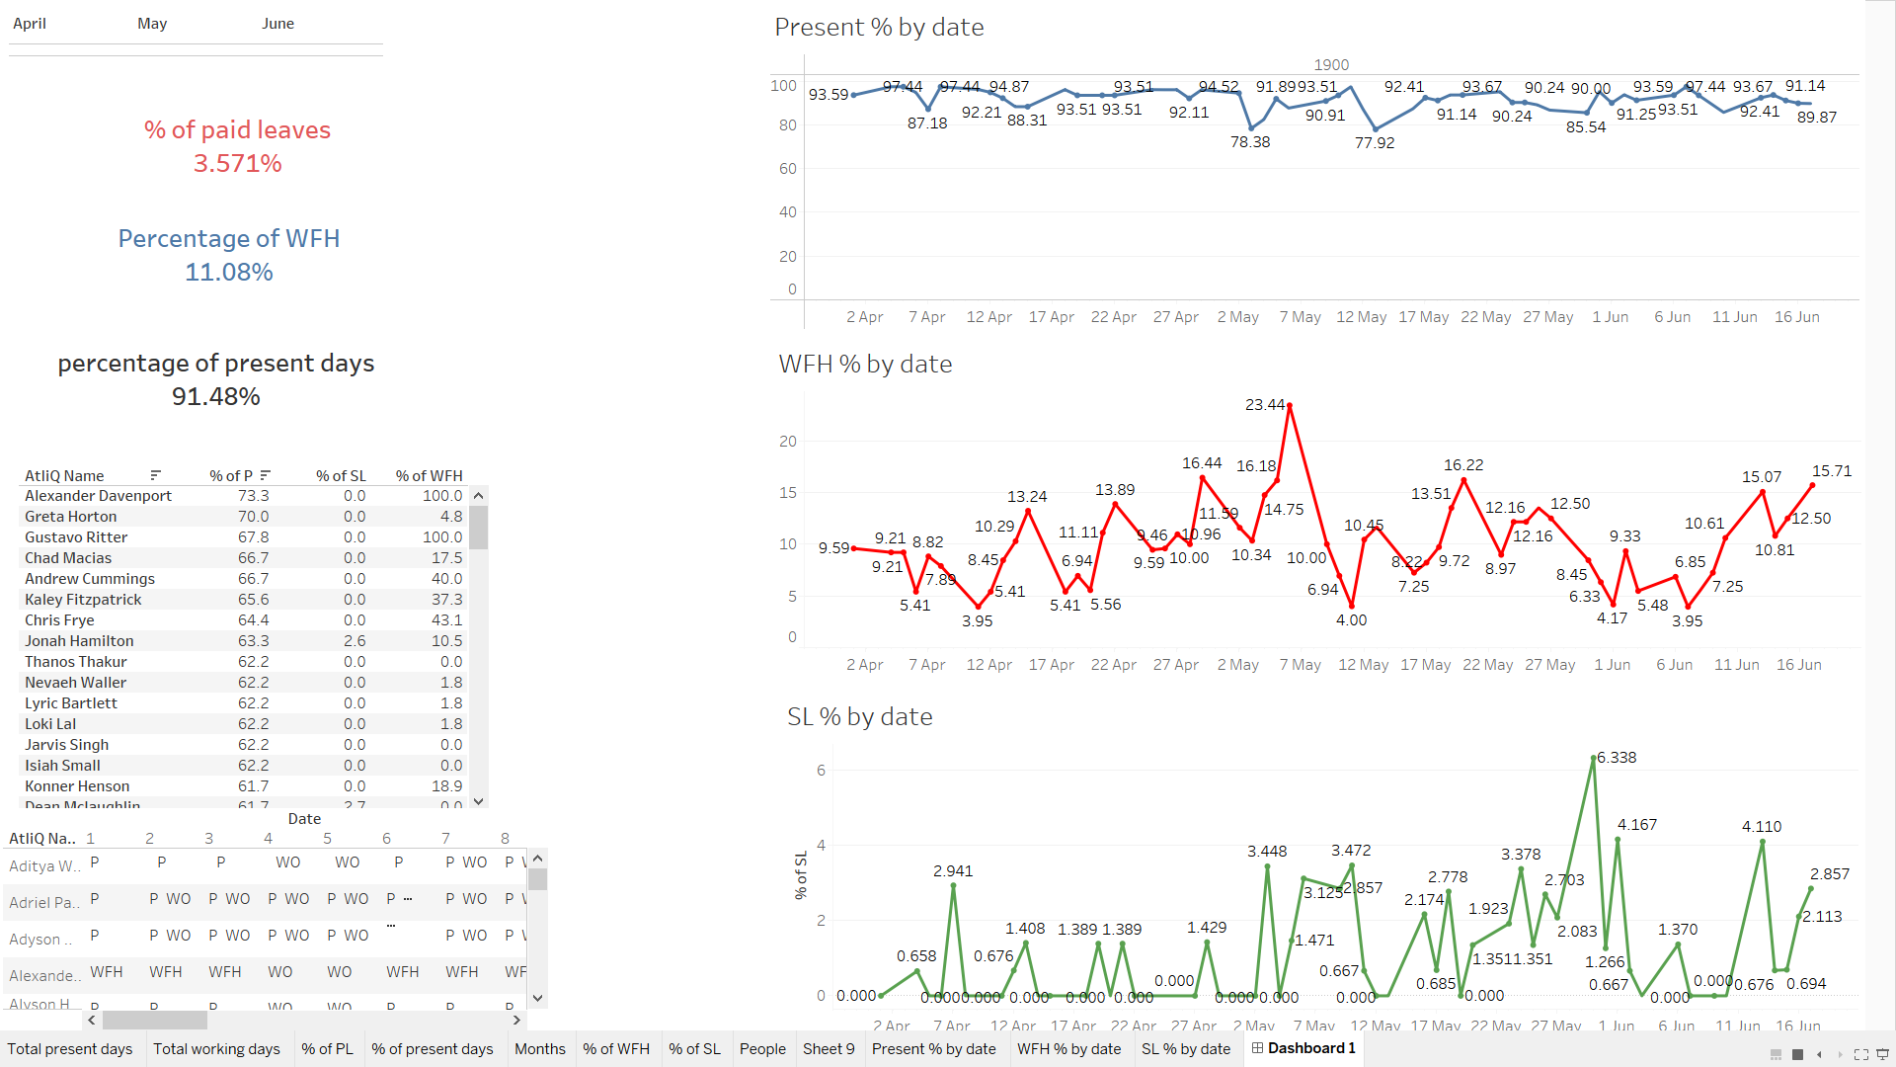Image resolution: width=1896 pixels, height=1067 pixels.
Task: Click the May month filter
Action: pyautogui.click(x=152, y=24)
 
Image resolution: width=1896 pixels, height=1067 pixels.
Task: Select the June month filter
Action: pyautogui.click(x=277, y=24)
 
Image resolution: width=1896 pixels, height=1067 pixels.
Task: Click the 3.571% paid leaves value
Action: pyautogui.click(x=237, y=163)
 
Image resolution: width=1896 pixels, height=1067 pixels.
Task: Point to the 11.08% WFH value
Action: pyautogui.click(x=229, y=272)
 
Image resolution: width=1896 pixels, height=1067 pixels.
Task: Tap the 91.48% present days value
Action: pyautogui.click(x=216, y=396)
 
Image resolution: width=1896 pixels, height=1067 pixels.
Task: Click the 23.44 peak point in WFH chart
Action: pyautogui.click(x=1290, y=405)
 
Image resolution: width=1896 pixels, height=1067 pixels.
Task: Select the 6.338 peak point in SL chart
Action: pyautogui.click(x=1594, y=759)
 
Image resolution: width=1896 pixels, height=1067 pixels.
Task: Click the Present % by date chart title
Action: pyautogui.click(x=879, y=28)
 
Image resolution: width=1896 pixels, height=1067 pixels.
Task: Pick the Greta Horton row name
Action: pyautogui.click(x=71, y=517)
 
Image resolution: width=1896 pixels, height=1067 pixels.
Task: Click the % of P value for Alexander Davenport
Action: pyautogui.click(x=253, y=496)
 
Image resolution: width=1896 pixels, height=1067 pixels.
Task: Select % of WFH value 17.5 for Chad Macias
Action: pyautogui.click(x=446, y=558)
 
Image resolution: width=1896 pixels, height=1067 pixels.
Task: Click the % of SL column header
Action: pyautogui.click(x=341, y=476)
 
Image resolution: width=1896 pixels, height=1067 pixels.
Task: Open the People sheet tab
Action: pyautogui.click(x=762, y=1049)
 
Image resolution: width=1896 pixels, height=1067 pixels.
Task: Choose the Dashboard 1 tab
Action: pyautogui.click(x=1304, y=1048)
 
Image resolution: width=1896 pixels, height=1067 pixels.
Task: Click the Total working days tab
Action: pyautogui.click(x=216, y=1049)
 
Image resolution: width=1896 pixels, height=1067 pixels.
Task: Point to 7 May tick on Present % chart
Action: pyautogui.click(x=1300, y=317)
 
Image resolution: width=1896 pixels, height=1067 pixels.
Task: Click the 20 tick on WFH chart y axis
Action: pyautogui.click(x=788, y=442)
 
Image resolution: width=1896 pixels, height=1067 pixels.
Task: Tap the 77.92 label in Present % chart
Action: pyautogui.click(x=1375, y=143)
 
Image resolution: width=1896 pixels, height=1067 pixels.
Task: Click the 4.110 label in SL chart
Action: pyautogui.click(x=1762, y=827)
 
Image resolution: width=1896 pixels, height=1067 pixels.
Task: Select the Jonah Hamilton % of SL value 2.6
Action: pyautogui.click(x=355, y=641)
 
